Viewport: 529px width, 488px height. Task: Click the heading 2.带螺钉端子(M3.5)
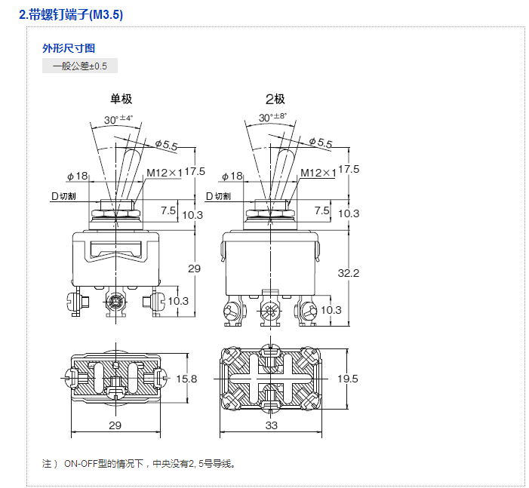point(71,15)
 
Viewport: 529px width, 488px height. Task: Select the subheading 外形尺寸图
point(69,48)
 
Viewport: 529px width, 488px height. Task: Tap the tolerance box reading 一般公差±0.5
point(80,66)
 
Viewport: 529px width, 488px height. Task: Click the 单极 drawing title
point(121,99)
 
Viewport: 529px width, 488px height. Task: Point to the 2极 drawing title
point(275,99)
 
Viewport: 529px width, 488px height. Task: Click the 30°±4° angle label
point(118,119)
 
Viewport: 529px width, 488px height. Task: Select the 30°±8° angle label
point(272,117)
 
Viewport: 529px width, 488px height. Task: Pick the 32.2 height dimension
point(349,273)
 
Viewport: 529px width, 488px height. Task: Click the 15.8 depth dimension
point(186,379)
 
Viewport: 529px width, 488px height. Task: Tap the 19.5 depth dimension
point(348,379)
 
